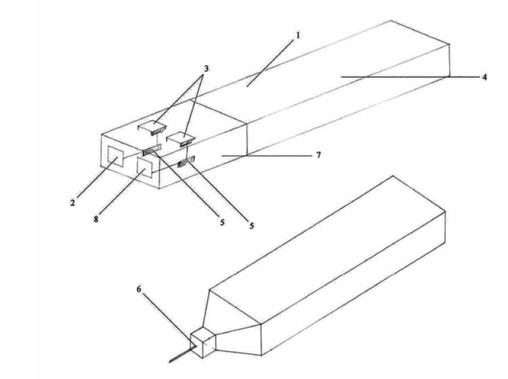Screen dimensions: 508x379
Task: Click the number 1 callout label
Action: pyautogui.click(x=299, y=35)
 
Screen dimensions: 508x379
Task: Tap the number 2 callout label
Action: pyautogui.click(x=73, y=203)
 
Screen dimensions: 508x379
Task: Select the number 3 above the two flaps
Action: pyautogui.click(x=206, y=69)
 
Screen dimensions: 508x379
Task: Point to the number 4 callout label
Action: pyautogui.click(x=484, y=77)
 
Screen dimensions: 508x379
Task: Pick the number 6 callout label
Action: pyautogui.click(x=138, y=289)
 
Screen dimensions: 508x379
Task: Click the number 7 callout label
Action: pyautogui.click(x=319, y=155)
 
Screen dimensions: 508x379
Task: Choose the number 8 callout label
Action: pyautogui.click(x=96, y=219)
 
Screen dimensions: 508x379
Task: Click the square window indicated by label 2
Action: pyautogui.click(x=115, y=157)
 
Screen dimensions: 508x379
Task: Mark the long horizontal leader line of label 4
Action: pyautogui.click(x=410, y=77)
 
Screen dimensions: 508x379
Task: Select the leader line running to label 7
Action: pyautogui.click(x=266, y=155)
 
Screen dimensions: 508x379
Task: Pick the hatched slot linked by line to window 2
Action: pyautogui.click(x=152, y=151)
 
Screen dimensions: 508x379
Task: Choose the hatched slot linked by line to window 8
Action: pyautogui.click(x=186, y=162)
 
